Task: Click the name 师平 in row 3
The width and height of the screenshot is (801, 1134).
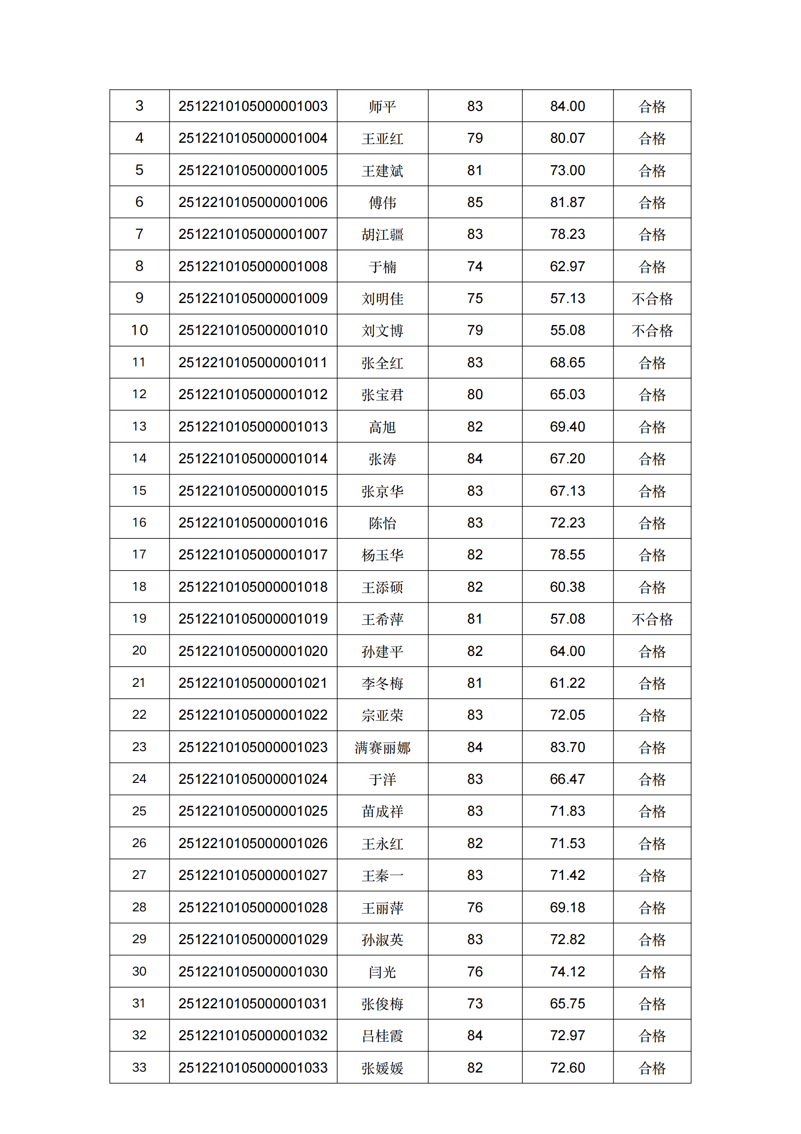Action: tap(382, 106)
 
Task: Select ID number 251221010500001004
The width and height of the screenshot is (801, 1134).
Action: tap(253, 138)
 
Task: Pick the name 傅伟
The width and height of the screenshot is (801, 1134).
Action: tap(382, 202)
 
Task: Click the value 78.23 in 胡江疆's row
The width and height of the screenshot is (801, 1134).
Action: tap(567, 234)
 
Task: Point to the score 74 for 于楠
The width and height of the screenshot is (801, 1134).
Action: tap(475, 267)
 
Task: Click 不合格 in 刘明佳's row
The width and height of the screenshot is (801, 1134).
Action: tap(652, 299)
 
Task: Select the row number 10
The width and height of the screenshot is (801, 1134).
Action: tap(139, 330)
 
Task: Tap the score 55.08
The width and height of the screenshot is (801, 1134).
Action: tap(567, 330)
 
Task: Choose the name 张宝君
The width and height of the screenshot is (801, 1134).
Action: tap(382, 395)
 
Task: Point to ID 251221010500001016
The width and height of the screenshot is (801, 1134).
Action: tap(253, 523)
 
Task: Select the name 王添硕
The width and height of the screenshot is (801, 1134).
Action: tap(382, 587)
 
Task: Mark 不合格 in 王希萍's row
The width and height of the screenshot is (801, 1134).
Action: tap(652, 619)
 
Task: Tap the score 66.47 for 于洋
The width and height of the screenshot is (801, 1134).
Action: tap(567, 779)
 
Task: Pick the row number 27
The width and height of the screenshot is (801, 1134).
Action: tap(139, 875)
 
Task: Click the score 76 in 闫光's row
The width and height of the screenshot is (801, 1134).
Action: tap(475, 971)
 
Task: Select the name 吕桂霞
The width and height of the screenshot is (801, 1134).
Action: tap(382, 1035)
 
